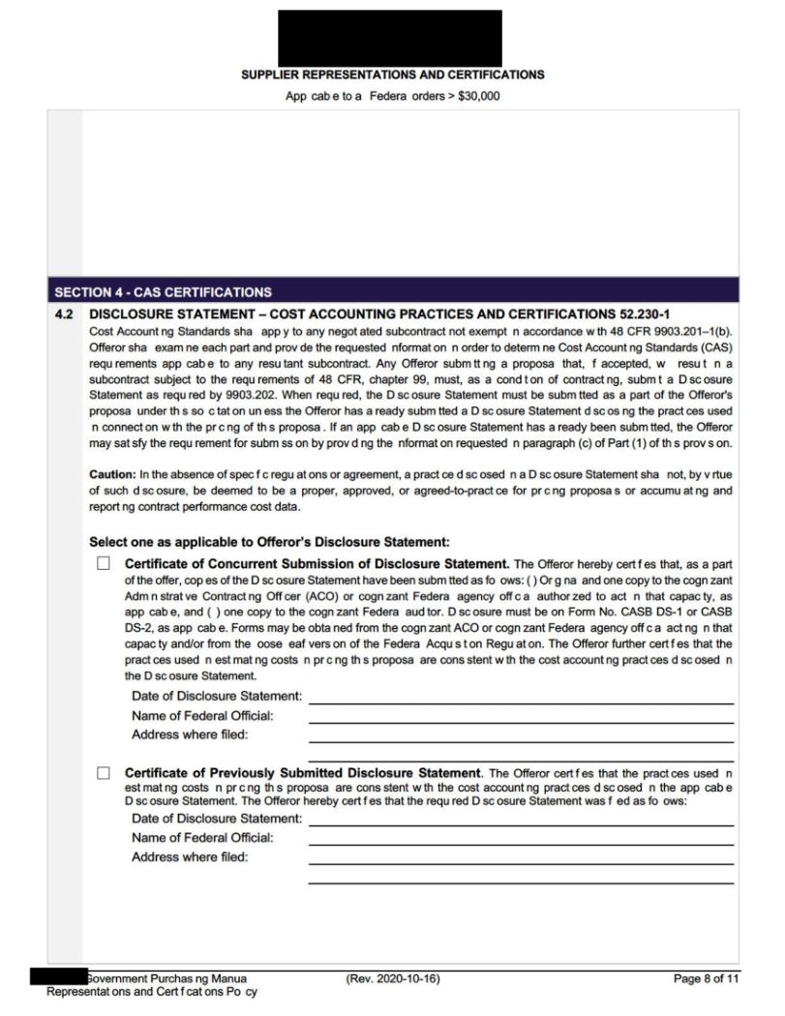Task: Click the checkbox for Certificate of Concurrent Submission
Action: pyautogui.click(x=104, y=563)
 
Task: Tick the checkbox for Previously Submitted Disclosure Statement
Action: pyautogui.click(x=104, y=773)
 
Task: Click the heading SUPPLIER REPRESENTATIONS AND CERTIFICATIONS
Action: pyautogui.click(x=392, y=75)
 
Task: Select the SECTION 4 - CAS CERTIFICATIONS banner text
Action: pyautogui.click(x=163, y=291)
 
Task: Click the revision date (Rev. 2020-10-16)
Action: pyautogui.click(x=393, y=978)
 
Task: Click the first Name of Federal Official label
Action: pyautogui.click(x=201, y=715)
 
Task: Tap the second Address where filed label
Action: pyautogui.click(x=189, y=856)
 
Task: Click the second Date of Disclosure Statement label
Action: pyautogui.click(x=216, y=820)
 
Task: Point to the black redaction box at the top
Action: pyautogui.click(x=389, y=39)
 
